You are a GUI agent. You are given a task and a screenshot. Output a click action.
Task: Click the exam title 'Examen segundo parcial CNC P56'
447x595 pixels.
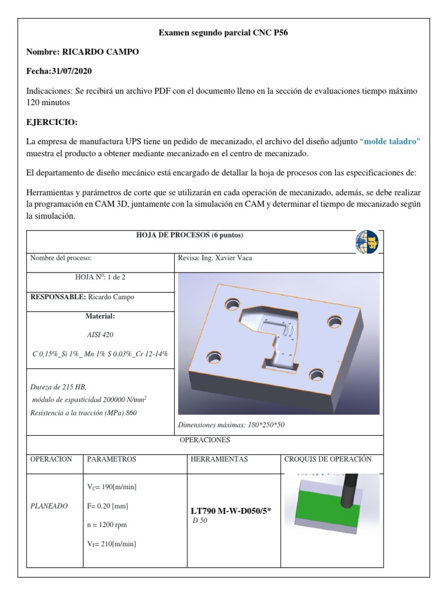pos(223,33)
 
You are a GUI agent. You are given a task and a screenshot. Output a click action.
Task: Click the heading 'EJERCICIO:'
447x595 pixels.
pos(52,123)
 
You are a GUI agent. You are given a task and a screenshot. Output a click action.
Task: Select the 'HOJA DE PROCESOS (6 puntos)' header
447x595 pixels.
pos(189,235)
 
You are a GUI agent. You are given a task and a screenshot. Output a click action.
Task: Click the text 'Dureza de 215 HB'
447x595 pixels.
pos(58,387)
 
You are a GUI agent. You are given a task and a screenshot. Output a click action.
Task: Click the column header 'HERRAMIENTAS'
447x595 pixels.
pos(219,459)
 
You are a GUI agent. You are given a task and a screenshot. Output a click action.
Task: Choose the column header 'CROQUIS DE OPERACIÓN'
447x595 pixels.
pos(328,459)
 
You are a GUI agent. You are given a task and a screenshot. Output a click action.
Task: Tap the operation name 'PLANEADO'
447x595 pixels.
pos(49,506)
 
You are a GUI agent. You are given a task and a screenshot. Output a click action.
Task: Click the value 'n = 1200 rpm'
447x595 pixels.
pos(107,525)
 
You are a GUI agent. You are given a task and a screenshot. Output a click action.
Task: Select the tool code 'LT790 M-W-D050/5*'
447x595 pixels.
pos(231,511)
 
